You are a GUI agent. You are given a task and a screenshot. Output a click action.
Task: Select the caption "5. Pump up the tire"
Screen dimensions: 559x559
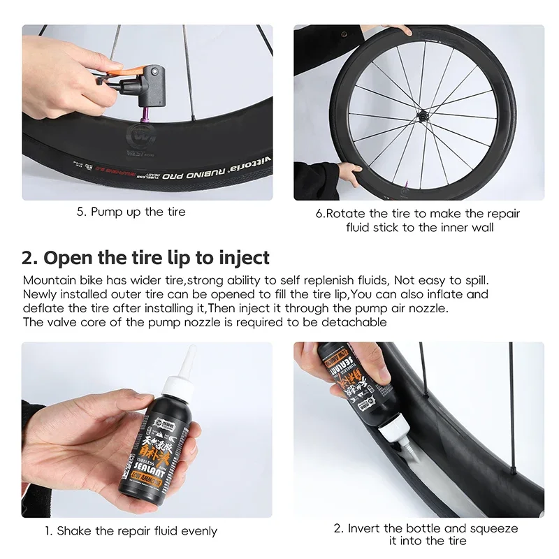pos(131,212)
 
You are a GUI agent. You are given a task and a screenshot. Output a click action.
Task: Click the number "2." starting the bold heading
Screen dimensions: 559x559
pos(29,257)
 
